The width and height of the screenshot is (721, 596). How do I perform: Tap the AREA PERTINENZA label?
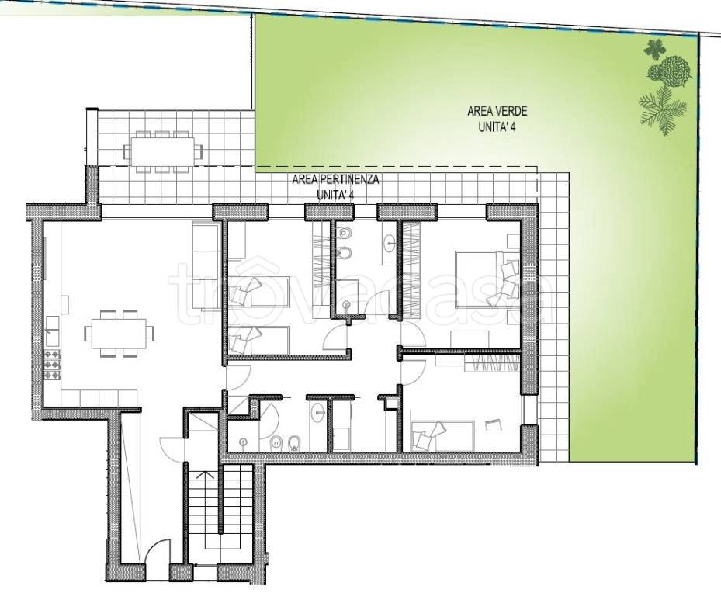tap(336, 179)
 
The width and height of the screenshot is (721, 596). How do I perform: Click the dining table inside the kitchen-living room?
tap(119, 334)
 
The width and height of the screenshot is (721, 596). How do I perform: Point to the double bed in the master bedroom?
tap(487, 279)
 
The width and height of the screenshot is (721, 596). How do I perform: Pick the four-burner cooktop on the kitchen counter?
tap(53, 365)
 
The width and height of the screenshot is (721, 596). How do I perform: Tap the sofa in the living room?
tap(205, 266)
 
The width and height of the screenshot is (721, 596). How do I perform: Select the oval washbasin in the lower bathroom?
tap(318, 412)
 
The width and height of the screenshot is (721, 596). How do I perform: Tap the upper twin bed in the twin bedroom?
tap(260, 292)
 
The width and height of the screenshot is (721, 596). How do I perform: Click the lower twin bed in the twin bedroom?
tap(260, 341)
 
